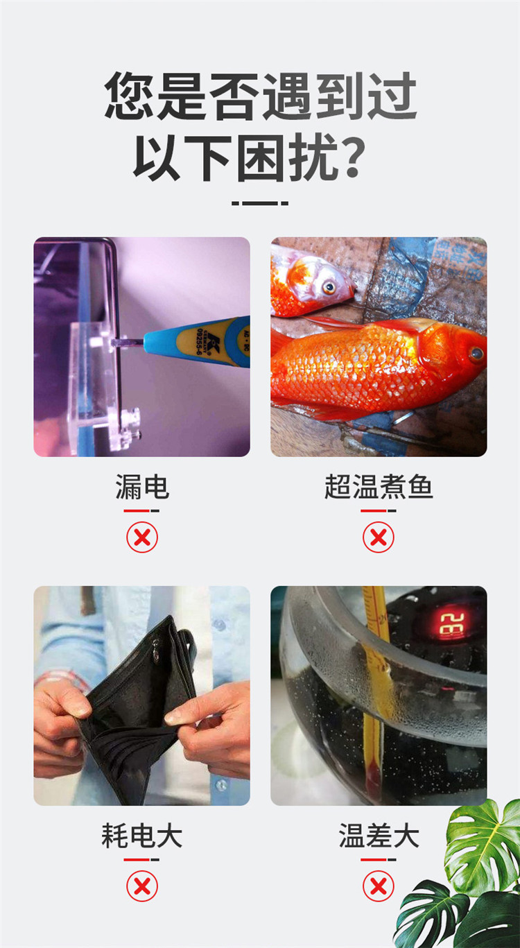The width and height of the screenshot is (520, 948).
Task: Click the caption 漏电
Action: (142, 487)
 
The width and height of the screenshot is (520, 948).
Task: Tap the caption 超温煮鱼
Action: (379, 487)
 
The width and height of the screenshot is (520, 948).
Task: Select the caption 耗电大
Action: (142, 836)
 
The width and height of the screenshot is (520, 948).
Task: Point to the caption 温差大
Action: (379, 836)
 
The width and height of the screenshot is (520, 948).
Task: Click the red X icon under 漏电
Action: (142, 537)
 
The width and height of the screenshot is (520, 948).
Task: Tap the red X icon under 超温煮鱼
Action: (379, 537)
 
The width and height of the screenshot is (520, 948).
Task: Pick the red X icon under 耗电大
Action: (142, 886)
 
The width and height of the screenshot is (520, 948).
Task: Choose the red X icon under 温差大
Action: (379, 886)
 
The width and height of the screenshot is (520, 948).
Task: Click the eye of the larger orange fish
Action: (476, 354)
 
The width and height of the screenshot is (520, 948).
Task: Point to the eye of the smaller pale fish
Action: (329, 288)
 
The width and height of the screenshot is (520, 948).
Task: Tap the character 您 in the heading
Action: (130, 95)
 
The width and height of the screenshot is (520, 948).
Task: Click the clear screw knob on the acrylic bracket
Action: (131, 423)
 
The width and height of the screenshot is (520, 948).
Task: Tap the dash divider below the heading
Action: (260, 204)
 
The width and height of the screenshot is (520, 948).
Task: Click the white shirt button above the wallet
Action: (219, 624)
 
